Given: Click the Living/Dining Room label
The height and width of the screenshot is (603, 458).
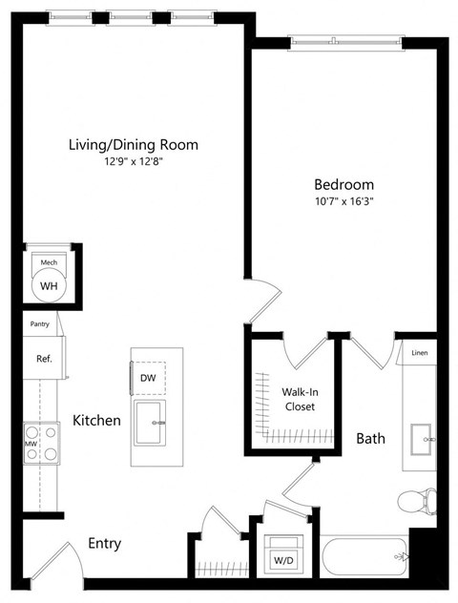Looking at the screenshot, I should [134, 145].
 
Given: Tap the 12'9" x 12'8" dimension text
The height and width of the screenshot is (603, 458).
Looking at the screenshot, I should [134, 162].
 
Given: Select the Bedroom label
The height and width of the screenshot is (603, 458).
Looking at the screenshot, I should [344, 184].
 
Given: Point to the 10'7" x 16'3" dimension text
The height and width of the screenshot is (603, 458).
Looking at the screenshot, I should [344, 201].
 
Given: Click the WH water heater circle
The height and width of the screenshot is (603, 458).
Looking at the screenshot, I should [48, 283].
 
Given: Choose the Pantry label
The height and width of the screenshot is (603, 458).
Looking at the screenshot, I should [39, 324].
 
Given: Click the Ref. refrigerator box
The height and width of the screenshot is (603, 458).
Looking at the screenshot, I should [43, 360].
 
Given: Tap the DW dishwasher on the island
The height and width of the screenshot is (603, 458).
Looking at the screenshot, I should [148, 378].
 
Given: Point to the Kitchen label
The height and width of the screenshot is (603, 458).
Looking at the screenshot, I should [96, 420].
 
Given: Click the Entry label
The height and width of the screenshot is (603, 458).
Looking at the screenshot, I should [104, 544].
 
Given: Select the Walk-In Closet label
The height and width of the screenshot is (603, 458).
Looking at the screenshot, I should [299, 399].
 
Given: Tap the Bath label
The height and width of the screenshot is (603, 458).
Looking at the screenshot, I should [370, 439].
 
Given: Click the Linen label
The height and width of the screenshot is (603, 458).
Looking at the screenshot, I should [420, 353].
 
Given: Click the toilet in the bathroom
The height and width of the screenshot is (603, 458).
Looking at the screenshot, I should [418, 500].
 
